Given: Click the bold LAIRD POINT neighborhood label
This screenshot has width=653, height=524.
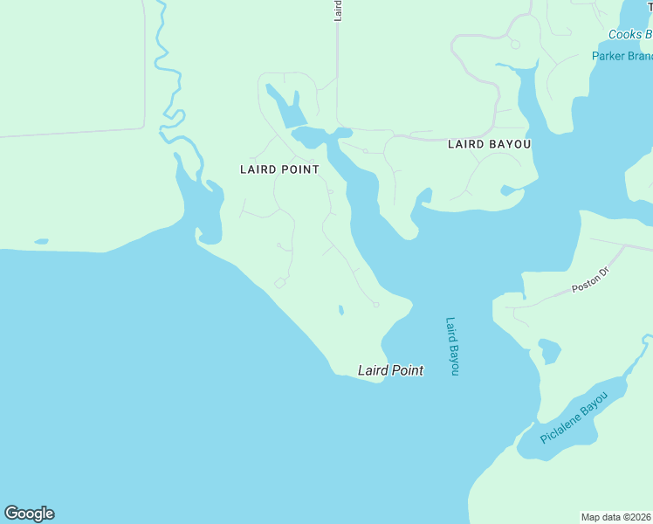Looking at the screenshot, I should click(279, 169).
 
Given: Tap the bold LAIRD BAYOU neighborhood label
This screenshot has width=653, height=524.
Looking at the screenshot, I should click(489, 144).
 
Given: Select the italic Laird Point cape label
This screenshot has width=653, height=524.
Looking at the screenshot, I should click(390, 370).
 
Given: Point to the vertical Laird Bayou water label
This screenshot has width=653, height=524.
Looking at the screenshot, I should click(452, 346).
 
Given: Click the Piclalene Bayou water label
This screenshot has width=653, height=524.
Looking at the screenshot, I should click(573, 418).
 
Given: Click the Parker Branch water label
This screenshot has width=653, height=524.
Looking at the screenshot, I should click(622, 56).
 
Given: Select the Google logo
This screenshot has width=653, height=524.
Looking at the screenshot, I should click(29, 514).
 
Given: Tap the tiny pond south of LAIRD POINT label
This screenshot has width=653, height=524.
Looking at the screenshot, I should click(340, 309).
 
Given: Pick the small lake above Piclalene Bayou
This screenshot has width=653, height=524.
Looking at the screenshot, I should click(549, 351).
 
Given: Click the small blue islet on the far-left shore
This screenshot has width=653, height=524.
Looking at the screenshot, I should click(41, 241).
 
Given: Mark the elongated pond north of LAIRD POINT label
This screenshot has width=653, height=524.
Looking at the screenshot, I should click(285, 107).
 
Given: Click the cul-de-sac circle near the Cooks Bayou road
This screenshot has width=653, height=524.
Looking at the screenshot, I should click(514, 44).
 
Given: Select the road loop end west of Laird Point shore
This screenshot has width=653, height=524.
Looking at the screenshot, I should click(279, 283).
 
